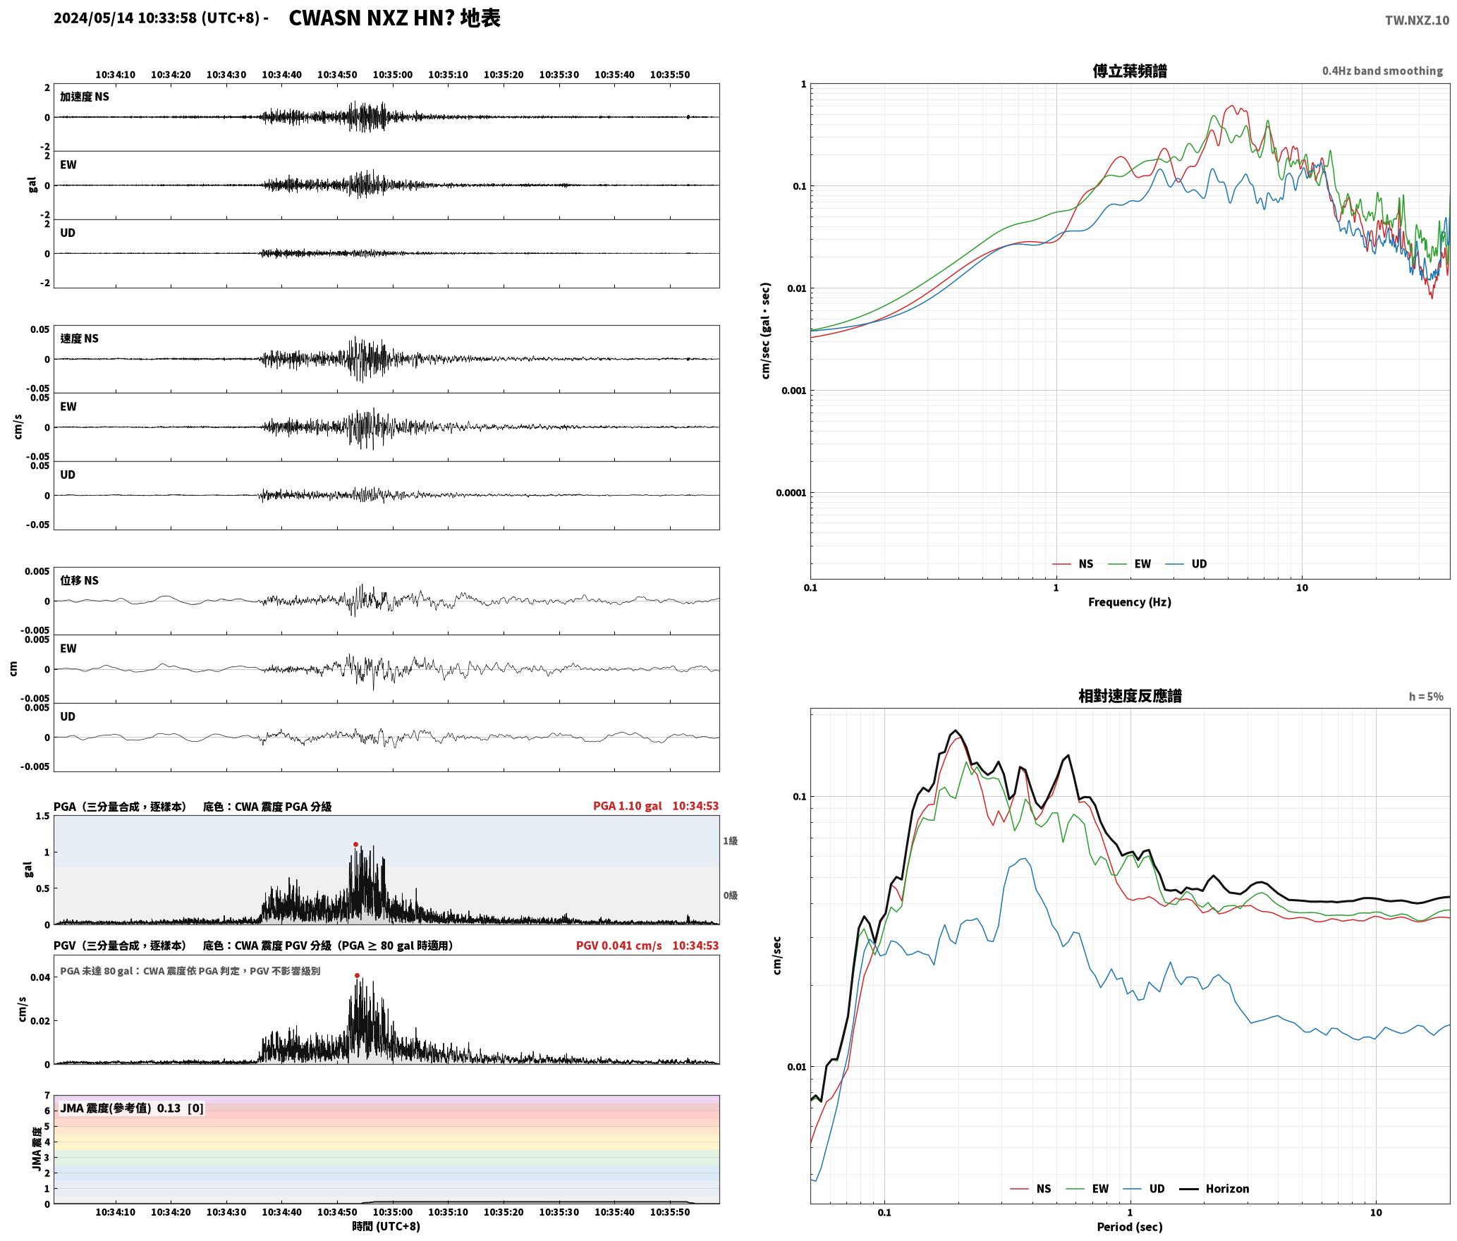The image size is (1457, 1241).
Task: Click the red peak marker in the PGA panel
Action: coord(355,844)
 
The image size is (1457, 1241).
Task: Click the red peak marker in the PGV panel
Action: coord(357,975)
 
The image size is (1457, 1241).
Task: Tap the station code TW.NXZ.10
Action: coord(1417,20)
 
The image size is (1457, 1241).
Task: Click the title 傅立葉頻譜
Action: coord(1129,71)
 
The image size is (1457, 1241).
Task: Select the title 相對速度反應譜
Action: coord(1130,696)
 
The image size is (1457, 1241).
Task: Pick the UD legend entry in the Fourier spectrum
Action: coord(1186,563)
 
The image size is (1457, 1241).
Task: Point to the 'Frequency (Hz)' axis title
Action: coord(1129,601)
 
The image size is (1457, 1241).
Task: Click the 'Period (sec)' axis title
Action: coord(1129,1227)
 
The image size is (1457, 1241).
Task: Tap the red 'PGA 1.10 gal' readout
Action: coord(627,806)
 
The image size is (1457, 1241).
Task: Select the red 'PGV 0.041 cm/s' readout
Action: coord(618,946)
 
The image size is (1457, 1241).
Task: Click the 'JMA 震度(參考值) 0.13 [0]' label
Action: coord(132,1108)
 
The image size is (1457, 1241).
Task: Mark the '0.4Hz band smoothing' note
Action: coord(1382,71)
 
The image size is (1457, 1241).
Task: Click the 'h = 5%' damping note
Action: coord(1426,697)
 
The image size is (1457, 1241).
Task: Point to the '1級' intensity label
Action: coord(730,840)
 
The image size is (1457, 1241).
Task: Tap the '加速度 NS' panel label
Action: coord(85,97)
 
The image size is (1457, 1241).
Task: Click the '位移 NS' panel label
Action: coord(79,580)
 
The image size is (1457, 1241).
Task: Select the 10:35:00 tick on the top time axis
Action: coord(392,75)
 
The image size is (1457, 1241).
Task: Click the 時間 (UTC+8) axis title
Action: coord(386,1226)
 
